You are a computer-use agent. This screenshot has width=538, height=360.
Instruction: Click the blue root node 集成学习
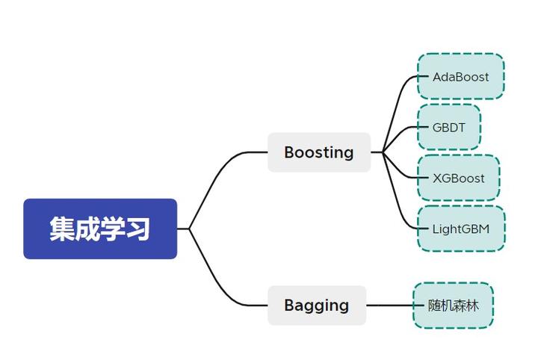point(100,229)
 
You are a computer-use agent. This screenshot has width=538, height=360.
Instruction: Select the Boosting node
point(319,152)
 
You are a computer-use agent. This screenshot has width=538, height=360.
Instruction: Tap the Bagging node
point(317,305)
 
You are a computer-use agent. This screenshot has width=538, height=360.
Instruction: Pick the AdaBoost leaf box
point(460,76)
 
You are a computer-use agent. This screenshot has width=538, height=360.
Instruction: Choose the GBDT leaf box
point(448,127)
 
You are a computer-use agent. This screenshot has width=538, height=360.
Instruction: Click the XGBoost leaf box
point(458,178)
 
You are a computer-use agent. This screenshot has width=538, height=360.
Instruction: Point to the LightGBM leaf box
point(460,229)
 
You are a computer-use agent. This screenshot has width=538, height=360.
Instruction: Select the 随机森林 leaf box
point(453,305)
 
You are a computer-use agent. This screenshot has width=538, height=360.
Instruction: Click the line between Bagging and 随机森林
point(390,305)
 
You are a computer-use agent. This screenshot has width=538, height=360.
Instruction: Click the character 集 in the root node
point(62,229)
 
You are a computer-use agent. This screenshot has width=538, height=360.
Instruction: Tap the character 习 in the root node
point(138,229)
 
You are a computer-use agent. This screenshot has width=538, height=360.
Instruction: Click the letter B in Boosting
point(289,152)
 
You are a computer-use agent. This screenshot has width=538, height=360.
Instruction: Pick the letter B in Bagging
point(289,305)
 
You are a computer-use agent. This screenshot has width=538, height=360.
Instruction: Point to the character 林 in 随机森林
point(472,305)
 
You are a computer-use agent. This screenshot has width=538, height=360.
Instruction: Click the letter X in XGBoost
point(437,178)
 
